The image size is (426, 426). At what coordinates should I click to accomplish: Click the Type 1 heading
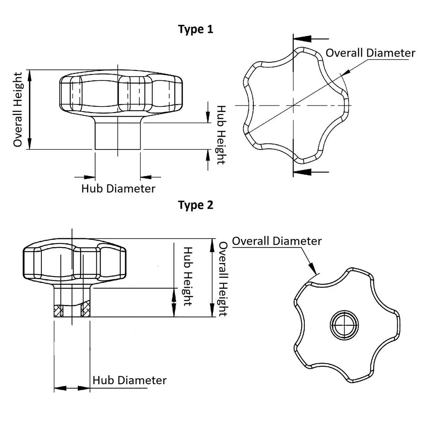coord(196,29)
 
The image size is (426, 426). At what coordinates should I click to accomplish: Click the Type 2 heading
coord(196,205)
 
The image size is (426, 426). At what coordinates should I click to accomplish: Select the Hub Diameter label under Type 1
coord(118,189)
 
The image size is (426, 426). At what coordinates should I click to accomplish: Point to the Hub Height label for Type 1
coord(220,135)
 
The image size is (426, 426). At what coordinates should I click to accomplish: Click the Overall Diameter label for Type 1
coord(370,53)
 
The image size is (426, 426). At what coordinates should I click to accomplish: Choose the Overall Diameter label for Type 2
coord(277,241)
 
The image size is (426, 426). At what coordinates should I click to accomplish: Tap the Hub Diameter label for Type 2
coord(129,380)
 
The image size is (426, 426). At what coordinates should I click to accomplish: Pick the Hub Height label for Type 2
coord(188,276)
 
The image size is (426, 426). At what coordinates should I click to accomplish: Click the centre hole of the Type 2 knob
coord(344,324)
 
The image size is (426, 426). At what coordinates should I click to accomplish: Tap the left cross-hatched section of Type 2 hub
coord(58,311)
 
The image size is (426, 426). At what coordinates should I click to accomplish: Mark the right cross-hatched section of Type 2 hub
coord(85,311)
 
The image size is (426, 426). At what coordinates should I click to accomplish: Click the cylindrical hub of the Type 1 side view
coord(118,136)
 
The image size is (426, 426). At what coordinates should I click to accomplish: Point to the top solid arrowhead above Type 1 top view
coord(303,39)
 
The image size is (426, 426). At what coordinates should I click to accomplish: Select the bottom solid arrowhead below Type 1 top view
coord(303,171)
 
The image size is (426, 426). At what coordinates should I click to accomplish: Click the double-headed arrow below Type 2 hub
coord(72,388)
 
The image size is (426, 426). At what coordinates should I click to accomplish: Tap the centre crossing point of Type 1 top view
coord(294,105)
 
